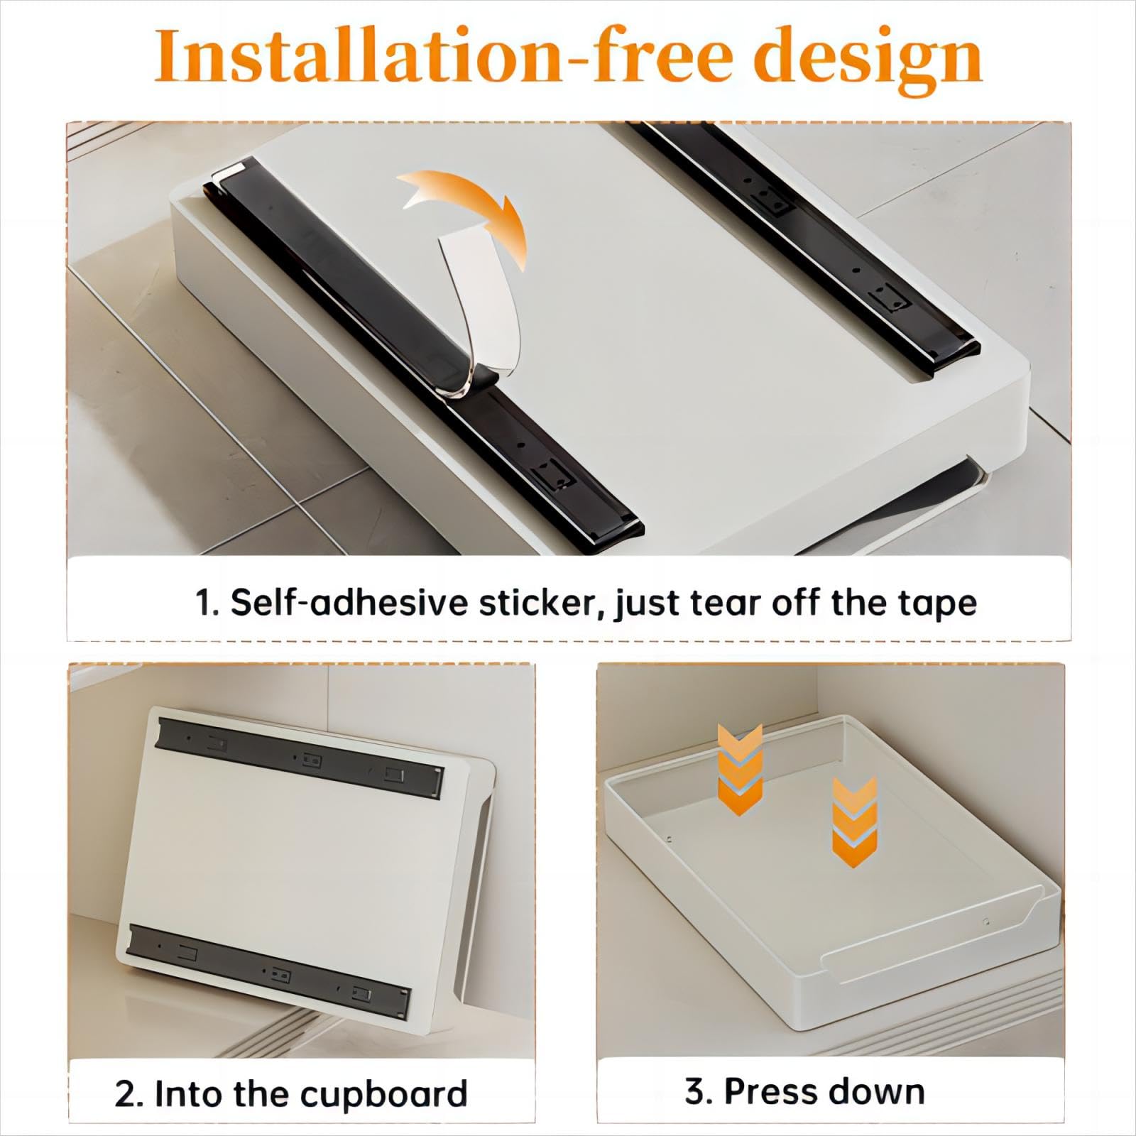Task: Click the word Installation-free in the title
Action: (x=440, y=55)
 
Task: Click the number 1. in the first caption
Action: (x=207, y=604)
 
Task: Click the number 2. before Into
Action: (x=129, y=1094)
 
